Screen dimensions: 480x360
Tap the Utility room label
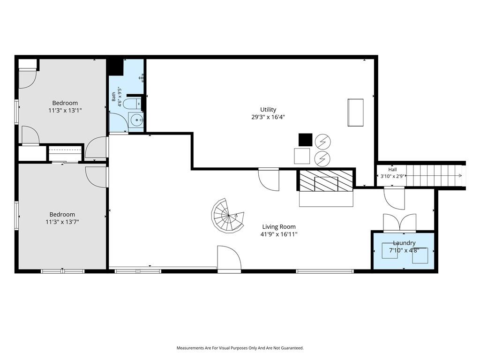click(x=268, y=110)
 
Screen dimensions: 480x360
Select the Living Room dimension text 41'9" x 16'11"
click(x=278, y=234)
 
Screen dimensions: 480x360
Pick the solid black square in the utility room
click(x=306, y=140)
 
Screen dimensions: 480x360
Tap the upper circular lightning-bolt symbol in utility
click(x=322, y=142)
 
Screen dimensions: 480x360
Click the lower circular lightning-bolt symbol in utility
click(x=322, y=158)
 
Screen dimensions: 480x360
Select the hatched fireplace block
click(x=326, y=180)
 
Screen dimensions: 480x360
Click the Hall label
click(x=392, y=170)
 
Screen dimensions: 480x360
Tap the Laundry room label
click(x=404, y=243)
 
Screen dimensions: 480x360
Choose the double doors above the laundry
click(x=399, y=222)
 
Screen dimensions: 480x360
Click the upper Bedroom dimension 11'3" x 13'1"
click(x=65, y=111)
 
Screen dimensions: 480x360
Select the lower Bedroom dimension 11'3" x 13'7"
click(x=62, y=222)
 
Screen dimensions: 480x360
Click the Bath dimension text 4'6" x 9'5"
click(x=120, y=97)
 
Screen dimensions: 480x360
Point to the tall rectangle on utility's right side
click(x=355, y=112)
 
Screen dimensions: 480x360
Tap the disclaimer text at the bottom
click(x=240, y=348)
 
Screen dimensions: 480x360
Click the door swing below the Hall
click(x=394, y=199)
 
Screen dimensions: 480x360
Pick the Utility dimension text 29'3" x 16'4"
click(x=268, y=117)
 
